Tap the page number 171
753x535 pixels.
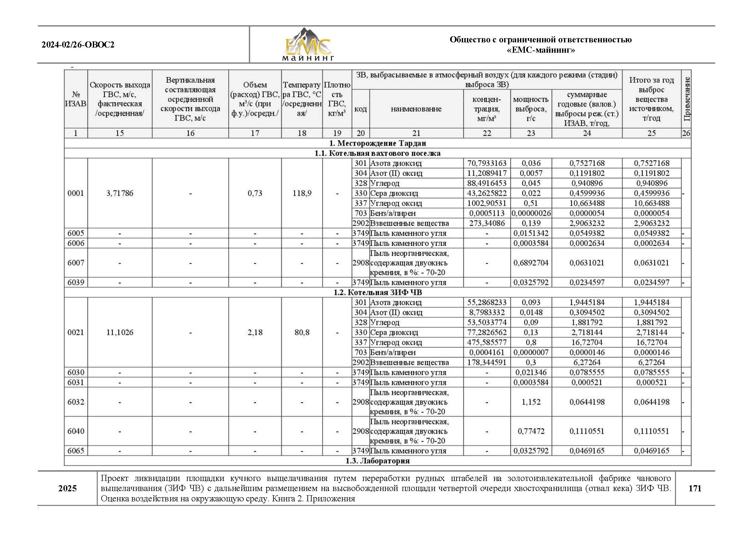click(695, 488)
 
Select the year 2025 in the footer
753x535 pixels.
click(68, 488)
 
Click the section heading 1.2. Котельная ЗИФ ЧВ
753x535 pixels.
click(377, 292)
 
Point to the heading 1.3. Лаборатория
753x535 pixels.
click(377, 461)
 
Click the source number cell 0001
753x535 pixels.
click(76, 193)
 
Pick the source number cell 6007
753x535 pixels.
click(76, 263)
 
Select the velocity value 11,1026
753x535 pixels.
click(120, 333)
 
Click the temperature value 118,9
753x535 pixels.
click(302, 193)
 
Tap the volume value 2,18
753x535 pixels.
click(255, 333)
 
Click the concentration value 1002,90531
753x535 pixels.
click(487, 203)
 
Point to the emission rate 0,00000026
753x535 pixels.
click(531, 213)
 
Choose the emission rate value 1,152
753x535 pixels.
click(531, 402)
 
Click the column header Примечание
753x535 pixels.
click(686, 99)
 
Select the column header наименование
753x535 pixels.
click(416, 109)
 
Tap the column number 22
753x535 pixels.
click(487, 133)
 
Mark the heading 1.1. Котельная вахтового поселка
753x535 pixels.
click(377, 153)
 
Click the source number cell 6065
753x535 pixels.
click(76, 451)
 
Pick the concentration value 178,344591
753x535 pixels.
click(487, 362)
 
